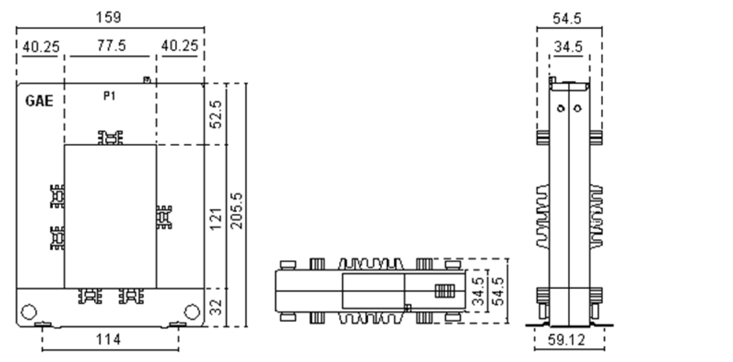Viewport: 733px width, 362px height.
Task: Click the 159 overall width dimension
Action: pyautogui.click(x=109, y=17)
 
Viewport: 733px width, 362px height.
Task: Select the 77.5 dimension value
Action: pyautogui.click(x=112, y=46)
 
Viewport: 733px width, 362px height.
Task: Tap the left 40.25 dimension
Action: pyautogui.click(x=41, y=47)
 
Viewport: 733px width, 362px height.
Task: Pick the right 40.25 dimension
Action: pyautogui.click(x=179, y=46)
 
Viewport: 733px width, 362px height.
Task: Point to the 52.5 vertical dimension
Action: pyautogui.click(x=216, y=114)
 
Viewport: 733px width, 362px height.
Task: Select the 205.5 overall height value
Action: pyautogui.click(x=237, y=211)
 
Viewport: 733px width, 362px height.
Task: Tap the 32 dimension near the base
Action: pyautogui.click(x=216, y=307)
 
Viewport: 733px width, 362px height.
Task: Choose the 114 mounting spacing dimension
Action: pyautogui.click(x=108, y=340)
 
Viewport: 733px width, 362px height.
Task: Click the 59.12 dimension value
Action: pyautogui.click(x=567, y=340)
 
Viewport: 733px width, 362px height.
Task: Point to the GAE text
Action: pyautogui.click(x=39, y=101)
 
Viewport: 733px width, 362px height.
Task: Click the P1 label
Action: pyautogui.click(x=110, y=96)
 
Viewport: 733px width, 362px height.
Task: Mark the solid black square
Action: pyautogui.click(x=454, y=192)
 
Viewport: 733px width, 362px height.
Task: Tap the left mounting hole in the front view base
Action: pyautogui.click(x=29, y=312)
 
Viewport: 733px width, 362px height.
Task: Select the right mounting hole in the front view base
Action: pyautogui.click(x=192, y=312)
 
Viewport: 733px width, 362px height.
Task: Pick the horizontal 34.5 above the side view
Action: pyautogui.click(x=568, y=47)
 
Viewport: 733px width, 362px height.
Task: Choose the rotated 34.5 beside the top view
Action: pyautogui.click(x=480, y=291)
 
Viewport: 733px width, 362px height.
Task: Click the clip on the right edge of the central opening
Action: pyautogui.click(x=164, y=217)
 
